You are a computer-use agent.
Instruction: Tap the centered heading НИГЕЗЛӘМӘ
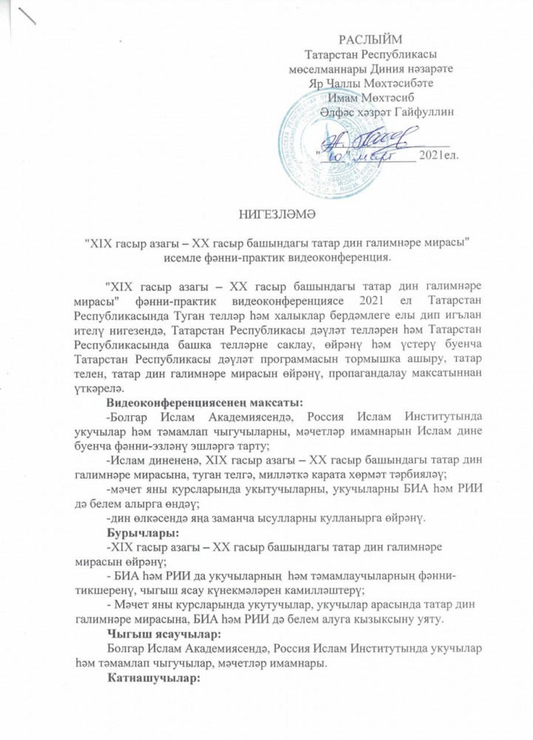[266, 215]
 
